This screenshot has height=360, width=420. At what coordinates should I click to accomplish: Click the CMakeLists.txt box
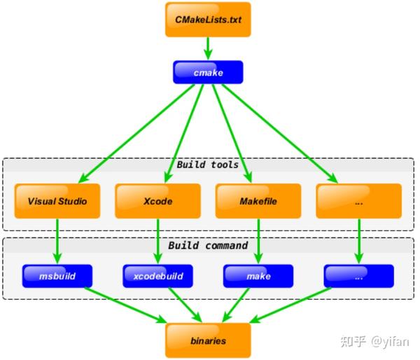click(208, 20)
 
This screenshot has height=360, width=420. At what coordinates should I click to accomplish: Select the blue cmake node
click(208, 72)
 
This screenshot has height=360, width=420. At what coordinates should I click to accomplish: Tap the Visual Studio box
click(57, 201)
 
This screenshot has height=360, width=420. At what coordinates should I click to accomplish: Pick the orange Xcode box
click(158, 201)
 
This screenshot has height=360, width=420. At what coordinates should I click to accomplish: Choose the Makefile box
click(258, 201)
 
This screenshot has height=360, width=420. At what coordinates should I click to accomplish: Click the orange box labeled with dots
click(359, 201)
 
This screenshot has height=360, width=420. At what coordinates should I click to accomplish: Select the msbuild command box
click(57, 276)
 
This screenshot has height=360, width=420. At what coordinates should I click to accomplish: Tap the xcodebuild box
click(158, 276)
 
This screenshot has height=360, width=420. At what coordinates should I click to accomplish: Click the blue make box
click(258, 276)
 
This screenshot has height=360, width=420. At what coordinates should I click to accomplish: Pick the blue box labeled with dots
click(359, 276)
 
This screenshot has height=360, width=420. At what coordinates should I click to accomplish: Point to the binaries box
click(208, 340)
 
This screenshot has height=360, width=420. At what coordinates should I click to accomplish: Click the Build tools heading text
click(208, 165)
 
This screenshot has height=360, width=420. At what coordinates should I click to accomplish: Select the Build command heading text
click(208, 246)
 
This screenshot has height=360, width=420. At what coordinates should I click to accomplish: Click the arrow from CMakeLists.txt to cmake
click(208, 48)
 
